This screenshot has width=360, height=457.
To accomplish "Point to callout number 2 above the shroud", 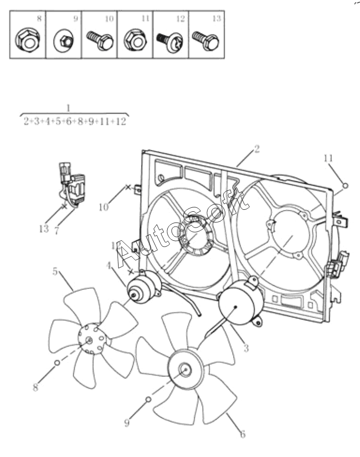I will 257,149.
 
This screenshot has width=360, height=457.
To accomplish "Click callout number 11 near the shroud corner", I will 328,158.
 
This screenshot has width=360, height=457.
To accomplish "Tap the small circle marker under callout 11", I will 345,185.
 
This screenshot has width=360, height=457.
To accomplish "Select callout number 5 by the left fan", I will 56,271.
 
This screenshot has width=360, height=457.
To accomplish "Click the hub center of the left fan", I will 89,340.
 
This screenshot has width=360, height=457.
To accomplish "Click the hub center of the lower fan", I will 185,370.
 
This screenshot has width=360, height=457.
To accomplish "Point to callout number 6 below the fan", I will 242,434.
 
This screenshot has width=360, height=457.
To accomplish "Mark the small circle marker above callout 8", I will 57,363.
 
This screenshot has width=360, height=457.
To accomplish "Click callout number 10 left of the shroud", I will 103,207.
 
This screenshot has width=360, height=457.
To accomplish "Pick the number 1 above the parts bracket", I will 68,107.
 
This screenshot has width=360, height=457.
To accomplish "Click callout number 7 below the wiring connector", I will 57,229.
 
